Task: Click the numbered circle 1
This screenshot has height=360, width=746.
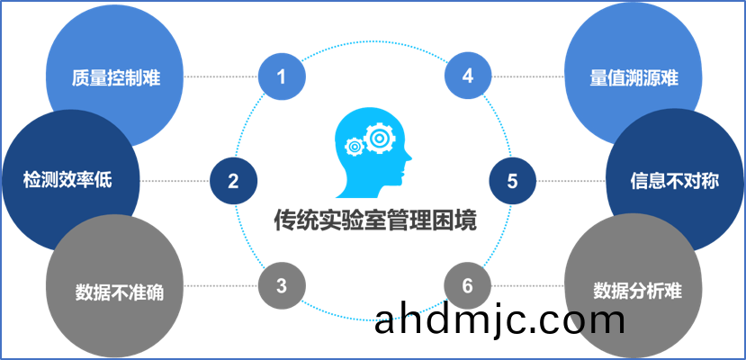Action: point(281,76)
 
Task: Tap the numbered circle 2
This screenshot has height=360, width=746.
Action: point(233,181)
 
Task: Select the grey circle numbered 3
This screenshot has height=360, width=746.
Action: point(281,286)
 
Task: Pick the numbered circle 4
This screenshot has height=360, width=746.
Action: point(467,76)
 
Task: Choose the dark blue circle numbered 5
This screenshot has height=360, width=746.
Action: point(512,181)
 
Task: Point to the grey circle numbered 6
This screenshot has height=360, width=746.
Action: point(467,286)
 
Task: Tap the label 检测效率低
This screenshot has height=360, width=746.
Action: point(68,180)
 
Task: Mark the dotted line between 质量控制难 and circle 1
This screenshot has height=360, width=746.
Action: point(220,76)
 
